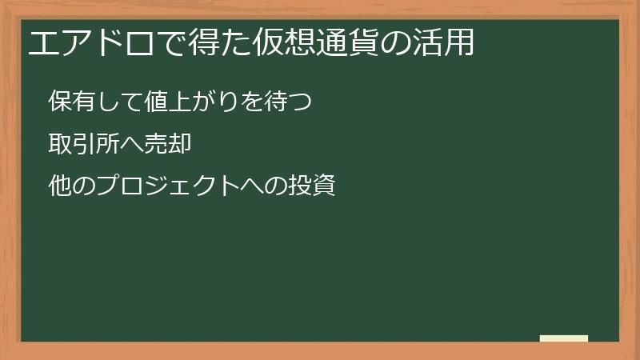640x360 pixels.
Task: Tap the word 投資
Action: click(309, 186)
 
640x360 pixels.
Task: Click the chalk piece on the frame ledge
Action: click(564, 338)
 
